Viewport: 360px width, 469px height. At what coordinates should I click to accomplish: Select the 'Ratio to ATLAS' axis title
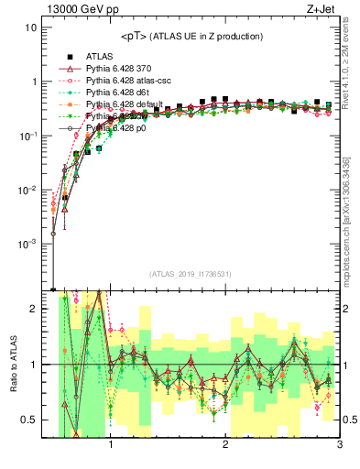pos(13,365)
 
